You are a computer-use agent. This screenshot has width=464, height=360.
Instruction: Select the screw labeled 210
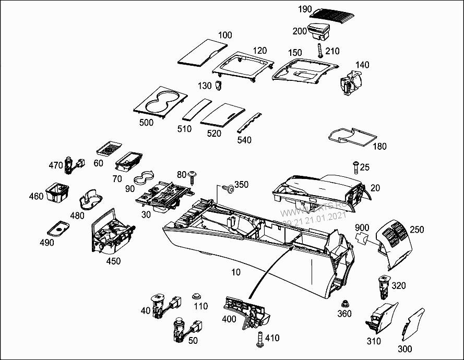coord(318,52)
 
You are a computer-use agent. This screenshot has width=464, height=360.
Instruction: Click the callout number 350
coord(241,185)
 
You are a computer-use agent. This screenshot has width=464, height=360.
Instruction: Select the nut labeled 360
coord(344,303)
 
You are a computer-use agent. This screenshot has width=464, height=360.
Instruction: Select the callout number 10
coord(236,273)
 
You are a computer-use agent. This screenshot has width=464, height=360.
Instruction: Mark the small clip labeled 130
coord(219,85)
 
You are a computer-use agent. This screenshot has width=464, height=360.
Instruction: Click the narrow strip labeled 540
coord(251,122)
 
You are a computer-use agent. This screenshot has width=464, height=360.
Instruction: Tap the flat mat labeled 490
coord(58,228)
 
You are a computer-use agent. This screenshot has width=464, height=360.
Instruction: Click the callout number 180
coord(379,146)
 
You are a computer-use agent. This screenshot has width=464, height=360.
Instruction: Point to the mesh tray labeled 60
coord(110,149)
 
